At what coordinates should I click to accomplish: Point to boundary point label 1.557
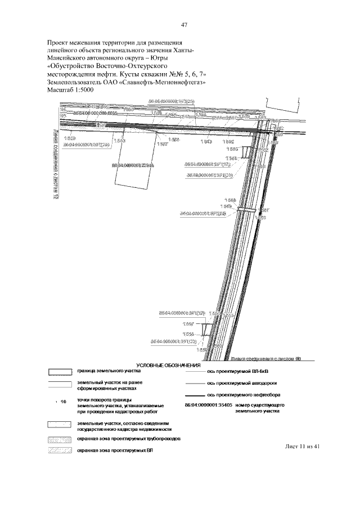188,323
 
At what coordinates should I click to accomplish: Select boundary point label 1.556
188,334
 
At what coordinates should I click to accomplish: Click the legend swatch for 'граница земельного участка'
59,372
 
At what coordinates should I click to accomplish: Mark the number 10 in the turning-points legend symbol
64,402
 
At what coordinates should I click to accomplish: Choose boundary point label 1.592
228,142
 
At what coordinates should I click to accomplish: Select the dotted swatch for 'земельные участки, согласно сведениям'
59,425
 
